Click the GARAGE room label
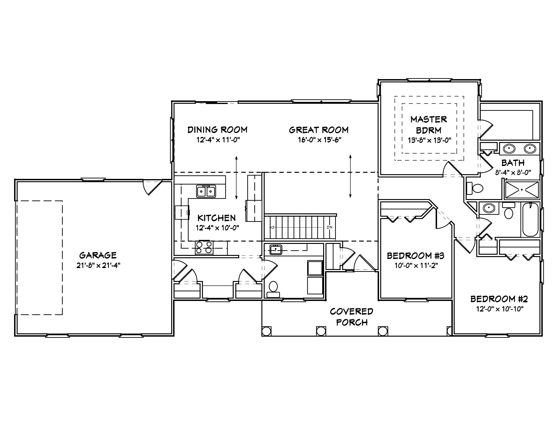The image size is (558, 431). click(x=98, y=255)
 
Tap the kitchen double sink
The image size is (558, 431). click(x=206, y=191)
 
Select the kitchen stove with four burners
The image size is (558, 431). click(x=204, y=247)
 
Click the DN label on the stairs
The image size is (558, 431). click(x=329, y=227)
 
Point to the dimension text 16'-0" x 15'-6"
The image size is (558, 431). click(x=320, y=140)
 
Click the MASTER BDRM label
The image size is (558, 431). click(x=429, y=125)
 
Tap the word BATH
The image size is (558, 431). click(x=513, y=163)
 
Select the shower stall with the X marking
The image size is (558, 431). click(x=522, y=190)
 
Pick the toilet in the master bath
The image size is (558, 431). click(x=476, y=189)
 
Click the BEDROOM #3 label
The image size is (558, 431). click(x=416, y=256)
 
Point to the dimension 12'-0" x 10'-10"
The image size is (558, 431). click(x=500, y=309)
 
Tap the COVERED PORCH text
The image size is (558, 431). click(x=352, y=317)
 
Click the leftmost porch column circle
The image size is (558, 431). click(x=266, y=331)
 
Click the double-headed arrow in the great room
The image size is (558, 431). click(x=350, y=176)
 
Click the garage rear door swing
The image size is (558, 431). click(x=152, y=187)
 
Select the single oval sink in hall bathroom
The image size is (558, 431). click(x=489, y=208)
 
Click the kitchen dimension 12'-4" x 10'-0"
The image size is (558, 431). click(x=217, y=228)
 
